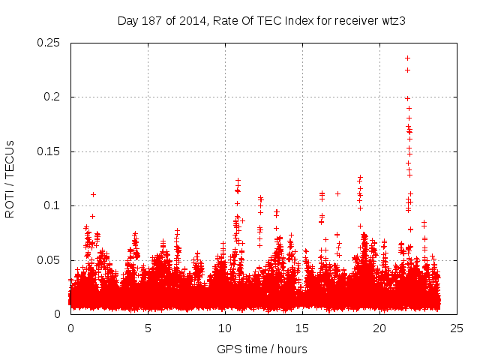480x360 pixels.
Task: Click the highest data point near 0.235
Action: (407, 58)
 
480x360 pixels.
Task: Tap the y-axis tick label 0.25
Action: (49, 43)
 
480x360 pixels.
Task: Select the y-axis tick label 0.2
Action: (52, 97)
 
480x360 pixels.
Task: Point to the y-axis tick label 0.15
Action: (49, 151)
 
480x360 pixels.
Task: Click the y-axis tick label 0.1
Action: (52, 206)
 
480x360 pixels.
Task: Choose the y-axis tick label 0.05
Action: (49, 260)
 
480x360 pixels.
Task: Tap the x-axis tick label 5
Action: (148, 328)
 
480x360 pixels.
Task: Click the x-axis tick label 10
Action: (225, 328)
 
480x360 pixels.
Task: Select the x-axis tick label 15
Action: (302, 328)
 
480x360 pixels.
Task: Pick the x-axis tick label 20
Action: (379, 328)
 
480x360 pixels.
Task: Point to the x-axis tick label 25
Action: (457, 328)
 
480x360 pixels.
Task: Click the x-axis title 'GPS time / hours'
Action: (262, 349)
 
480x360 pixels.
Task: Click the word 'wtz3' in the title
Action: (393, 20)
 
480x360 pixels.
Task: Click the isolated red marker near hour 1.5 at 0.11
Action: (93, 194)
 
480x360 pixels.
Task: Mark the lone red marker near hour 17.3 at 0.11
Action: (337, 193)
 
